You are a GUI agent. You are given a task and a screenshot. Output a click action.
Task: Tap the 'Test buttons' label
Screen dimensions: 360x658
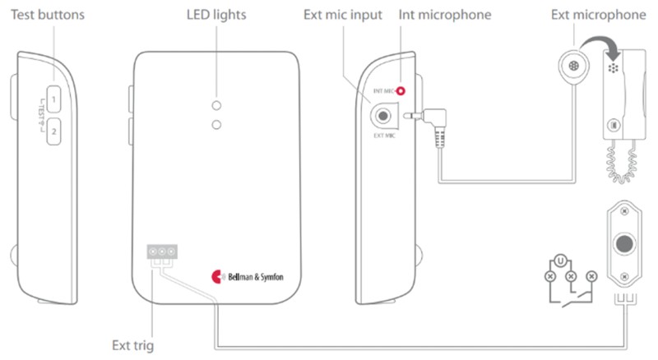coord(47,15)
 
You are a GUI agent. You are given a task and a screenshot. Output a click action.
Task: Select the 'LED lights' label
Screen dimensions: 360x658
coord(216,15)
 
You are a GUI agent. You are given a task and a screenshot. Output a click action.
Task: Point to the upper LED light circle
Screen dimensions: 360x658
coord(216,106)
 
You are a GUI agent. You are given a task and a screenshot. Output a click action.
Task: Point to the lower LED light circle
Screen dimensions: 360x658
coord(216,124)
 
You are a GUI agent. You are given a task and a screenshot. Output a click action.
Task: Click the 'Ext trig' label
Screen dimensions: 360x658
coord(134,346)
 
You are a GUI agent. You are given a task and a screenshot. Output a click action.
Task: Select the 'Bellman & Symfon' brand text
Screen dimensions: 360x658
coord(256,276)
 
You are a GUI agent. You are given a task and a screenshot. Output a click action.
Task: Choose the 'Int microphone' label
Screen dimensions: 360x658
coord(446,15)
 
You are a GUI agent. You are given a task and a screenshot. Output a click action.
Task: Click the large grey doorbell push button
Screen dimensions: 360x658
coord(625,243)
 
